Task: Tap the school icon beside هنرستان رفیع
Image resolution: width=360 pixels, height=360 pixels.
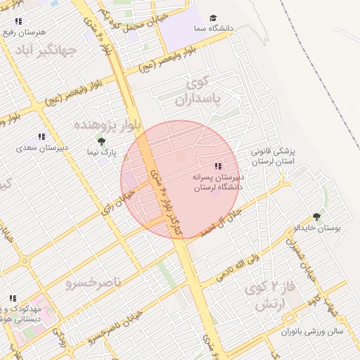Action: [18, 22]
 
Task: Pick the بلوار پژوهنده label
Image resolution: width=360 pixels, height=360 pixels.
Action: [108, 124]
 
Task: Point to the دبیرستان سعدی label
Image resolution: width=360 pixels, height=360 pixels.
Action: [41, 148]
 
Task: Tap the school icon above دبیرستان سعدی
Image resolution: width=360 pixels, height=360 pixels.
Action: [41, 136]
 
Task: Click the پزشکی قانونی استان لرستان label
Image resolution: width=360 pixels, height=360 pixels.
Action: [276, 156]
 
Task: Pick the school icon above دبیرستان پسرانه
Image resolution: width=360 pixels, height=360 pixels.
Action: [218, 166]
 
